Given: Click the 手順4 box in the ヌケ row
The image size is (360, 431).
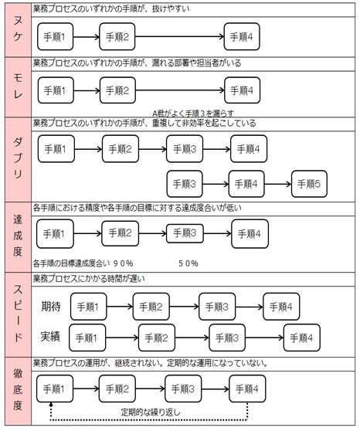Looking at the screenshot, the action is [242, 36].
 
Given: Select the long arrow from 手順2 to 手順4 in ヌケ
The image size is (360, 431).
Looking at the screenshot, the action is [179, 36].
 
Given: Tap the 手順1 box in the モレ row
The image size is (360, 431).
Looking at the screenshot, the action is [56, 90].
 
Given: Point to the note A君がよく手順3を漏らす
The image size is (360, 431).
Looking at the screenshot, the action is [193, 114].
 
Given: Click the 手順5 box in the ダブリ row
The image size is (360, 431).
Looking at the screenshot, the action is [309, 184].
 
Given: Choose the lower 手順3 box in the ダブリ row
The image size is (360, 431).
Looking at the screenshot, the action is [185, 184].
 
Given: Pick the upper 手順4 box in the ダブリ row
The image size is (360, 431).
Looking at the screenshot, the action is [248, 149].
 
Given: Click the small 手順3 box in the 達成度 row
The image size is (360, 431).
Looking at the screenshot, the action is [185, 233].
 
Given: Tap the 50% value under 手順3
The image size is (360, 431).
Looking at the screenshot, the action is [188, 263].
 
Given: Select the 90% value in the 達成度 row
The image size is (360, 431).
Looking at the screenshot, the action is [123, 263].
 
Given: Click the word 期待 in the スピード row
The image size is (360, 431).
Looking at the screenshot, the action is [51, 306].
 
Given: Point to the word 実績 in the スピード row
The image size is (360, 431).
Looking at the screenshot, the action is [50, 337].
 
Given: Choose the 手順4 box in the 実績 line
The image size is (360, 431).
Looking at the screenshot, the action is [302, 338].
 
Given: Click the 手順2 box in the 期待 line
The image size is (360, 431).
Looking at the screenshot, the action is [151, 307].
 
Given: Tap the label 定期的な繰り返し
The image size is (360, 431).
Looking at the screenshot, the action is [151, 412].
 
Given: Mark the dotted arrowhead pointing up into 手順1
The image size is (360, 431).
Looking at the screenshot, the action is [51, 404].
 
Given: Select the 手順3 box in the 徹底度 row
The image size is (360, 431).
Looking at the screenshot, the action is [183, 389].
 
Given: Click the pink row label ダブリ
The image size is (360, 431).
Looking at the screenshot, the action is [18, 158].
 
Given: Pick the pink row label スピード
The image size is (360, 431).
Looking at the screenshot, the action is [18, 314].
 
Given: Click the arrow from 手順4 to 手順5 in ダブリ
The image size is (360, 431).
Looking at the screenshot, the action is [278, 184].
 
